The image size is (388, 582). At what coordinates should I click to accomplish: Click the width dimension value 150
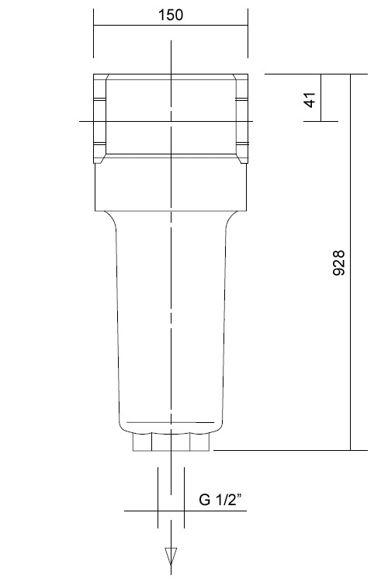[171, 16]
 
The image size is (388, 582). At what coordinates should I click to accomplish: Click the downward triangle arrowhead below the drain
[170, 555]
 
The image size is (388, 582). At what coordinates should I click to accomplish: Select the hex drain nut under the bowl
[171, 443]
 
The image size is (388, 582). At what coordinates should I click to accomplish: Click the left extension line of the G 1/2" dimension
[159, 497]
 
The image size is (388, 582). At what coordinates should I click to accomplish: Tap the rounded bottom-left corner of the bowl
[122, 426]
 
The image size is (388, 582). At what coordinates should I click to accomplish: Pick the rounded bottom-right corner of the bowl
[220, 426]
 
